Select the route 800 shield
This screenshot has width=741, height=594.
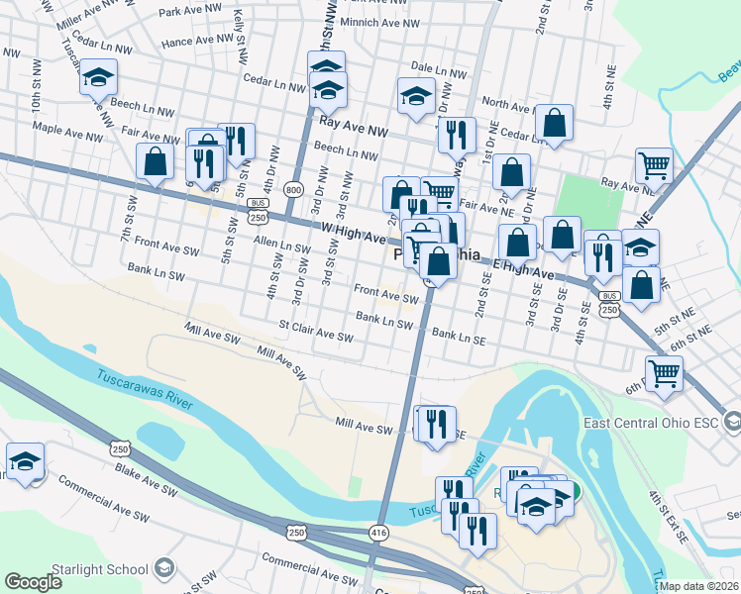pyautogui.click(x=293, y=190)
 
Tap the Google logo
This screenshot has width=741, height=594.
pyautogui.click(x=33, y=581)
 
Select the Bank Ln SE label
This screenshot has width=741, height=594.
pyautogui.click(x=459, y=338)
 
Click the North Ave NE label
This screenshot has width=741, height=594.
pyautogui.click(x=508, y=104)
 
